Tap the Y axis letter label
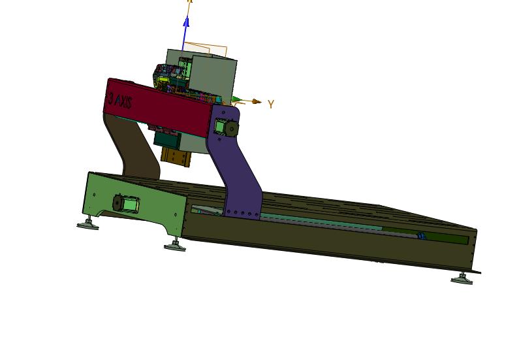tap(271, 105)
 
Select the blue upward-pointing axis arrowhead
tap(186, 22)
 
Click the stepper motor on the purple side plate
tap(226, 127)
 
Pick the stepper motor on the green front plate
tap(126, 204)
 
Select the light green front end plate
tap(135, 203)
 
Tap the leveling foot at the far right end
tap(462, 279)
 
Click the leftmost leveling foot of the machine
tap(87, 223)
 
